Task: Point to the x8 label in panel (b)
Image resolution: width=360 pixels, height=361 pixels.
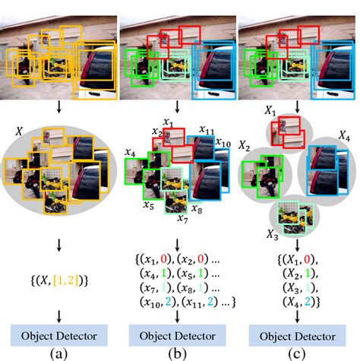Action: [197, 208]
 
